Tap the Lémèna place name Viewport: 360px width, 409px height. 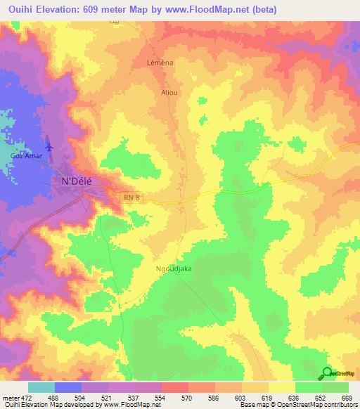pos(160,63)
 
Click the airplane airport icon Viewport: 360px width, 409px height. pos(49,146)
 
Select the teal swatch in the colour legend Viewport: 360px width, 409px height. pos(41,387)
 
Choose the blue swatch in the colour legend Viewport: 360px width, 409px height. pos(68,387)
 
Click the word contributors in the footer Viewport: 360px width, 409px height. pos(339,405)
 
